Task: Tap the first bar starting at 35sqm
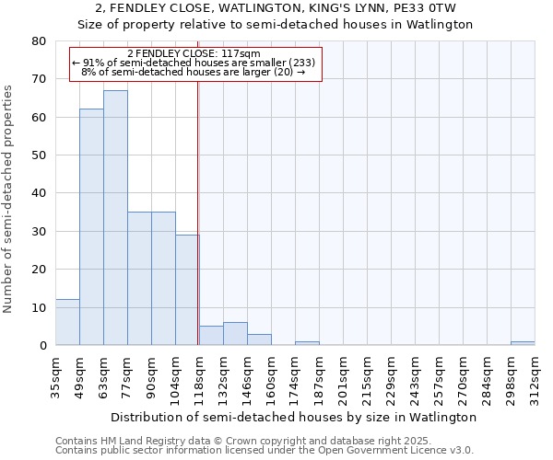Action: click(67, 323)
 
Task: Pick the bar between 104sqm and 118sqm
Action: click(187, 290)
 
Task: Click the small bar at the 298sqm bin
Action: click(523, 343)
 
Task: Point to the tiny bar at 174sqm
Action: click(307, 343)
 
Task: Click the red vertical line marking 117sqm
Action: click(198, 230)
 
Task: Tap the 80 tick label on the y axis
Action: click(39, 41)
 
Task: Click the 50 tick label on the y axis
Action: click(39, 155)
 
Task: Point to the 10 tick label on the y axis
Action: click(39, 307)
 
